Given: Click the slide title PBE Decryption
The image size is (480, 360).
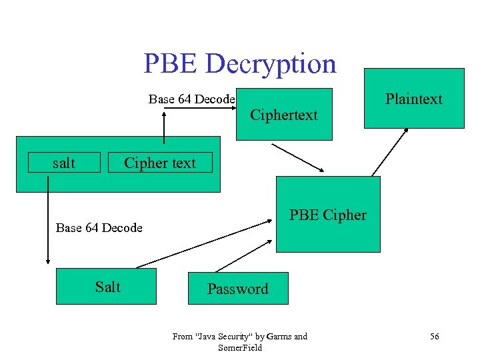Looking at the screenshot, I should click(x=240, y=64).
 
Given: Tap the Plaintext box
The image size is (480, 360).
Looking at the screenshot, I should click(x=413, y=99).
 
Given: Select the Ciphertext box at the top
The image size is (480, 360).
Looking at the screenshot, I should click(x=284, y=115).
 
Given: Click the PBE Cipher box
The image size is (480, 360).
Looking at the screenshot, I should click(x=328, y=215).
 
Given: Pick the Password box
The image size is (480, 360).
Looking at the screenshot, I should click(x=238, y=289).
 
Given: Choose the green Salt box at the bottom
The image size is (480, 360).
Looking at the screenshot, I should click(x=107, y=287).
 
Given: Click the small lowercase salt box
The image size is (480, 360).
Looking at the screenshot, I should click(x=64, y=163).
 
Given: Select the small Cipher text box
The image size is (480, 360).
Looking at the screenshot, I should click(x=160, y=163).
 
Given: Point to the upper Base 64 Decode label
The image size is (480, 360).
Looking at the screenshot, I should click(x=191, y=99).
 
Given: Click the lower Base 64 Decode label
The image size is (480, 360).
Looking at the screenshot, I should click(x=99, y=228).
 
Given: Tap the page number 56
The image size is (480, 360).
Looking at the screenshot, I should click(x=435, y=337).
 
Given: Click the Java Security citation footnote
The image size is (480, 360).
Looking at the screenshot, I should click(x=240, y=341).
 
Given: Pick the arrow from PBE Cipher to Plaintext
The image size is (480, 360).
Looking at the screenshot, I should click(x=390, y=151).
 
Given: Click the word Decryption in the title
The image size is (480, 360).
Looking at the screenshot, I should click(x=271, y=64).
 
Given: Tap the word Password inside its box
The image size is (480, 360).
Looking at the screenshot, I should click(x=238, y=289).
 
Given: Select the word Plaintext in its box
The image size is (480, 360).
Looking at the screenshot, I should click(x=413, y=99).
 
